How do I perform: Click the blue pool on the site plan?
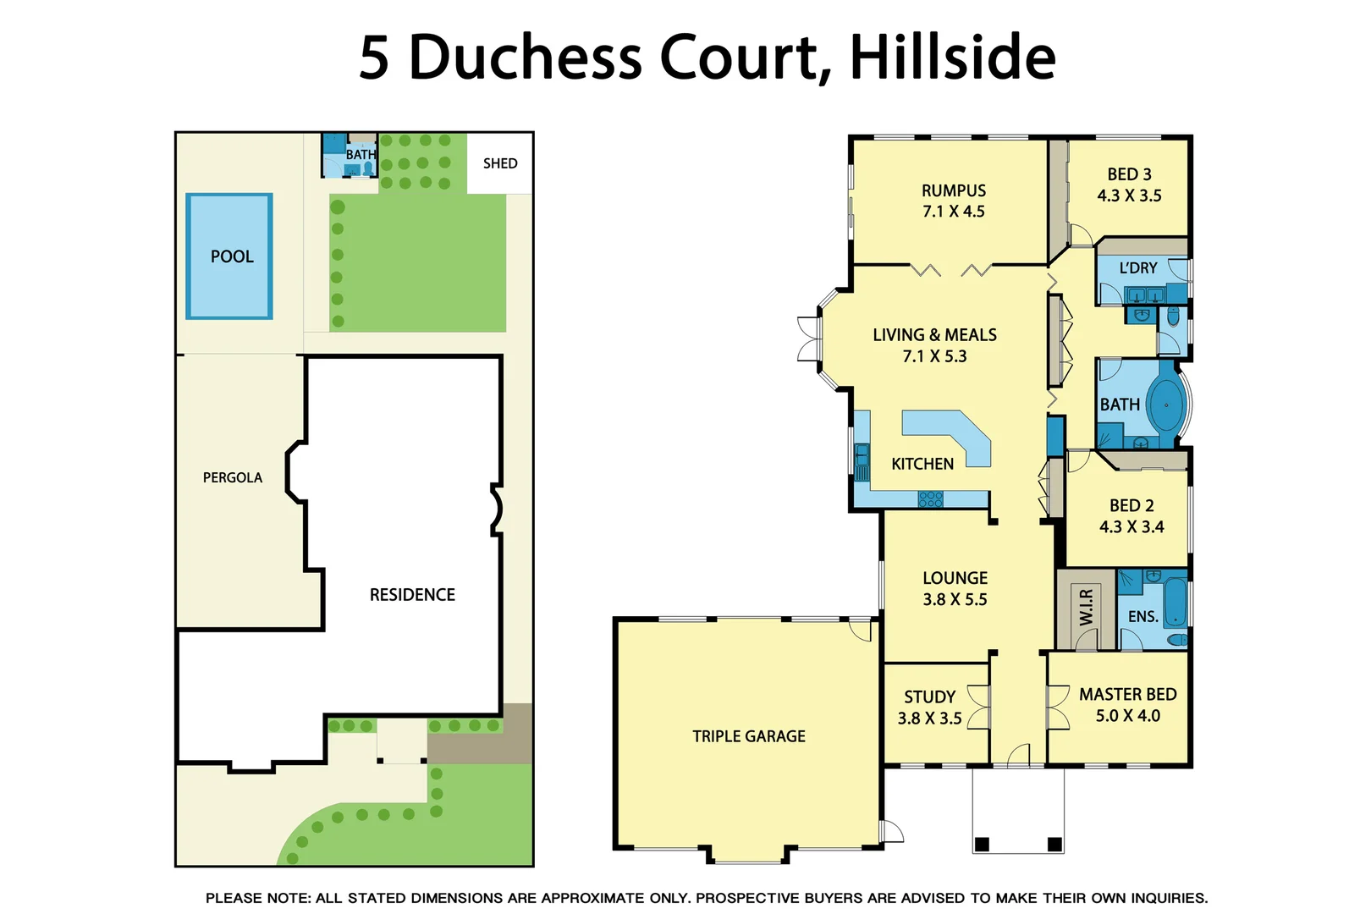pyautogui.click(x=229, y=256)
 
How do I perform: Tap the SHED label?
pyautogui.click(x=500, y=163)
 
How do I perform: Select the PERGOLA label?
pyautogui.click(x=233, y=477)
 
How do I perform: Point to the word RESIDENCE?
pyautogui.click(x=412, y=595)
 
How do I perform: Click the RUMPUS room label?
pyautogui.click(x=954, y=191)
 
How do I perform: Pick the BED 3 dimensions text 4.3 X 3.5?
pyautogui.click(x=1129, y=195)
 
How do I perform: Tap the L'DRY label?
pyautogui.click(x=1138, y=268)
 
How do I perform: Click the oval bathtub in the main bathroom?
pyautogui.click(x=1167, y=405)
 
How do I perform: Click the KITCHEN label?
pyautogui.click(x=922, y=464)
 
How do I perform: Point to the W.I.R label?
pyautogui.click(x=1086, y=608)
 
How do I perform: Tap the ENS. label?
pyautogui.click(x=1142, y=617)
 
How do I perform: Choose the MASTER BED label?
pyautogui.click(x=1127, y=694)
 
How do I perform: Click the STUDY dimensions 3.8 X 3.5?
pyautogui.click(x=929, y=719)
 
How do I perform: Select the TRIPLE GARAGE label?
pyautogui.click(x=749, y=736)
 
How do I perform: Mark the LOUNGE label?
pyautogui.click(x=955, y=578)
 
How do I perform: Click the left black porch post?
pyautogui.click(x=982, y=844)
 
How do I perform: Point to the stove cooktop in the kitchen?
pyautogui.click(x=930, y=499)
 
